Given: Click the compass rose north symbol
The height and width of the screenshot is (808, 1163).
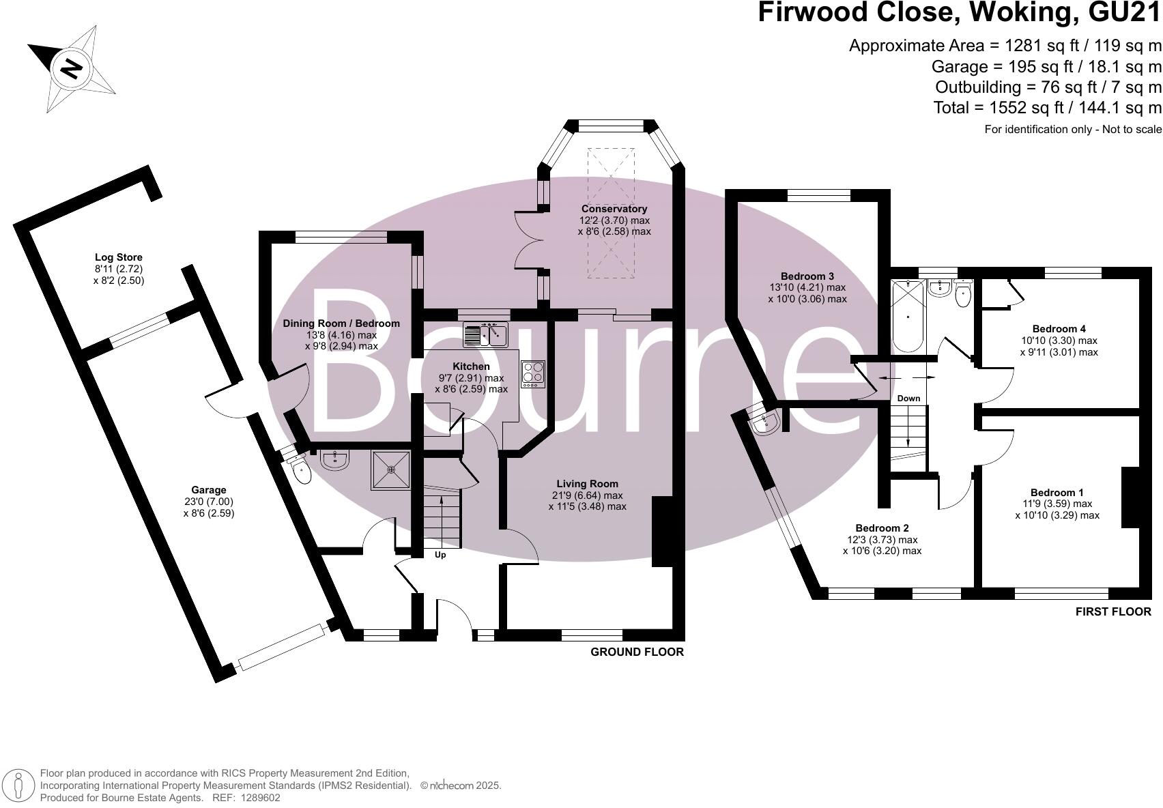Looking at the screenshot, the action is click(71, 68).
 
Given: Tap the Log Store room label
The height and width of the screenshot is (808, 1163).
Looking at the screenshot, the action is click(119, 257).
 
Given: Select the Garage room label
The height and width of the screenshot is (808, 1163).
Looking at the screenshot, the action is click(209, 490).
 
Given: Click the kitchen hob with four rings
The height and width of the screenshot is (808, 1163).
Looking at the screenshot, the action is click(533, 375).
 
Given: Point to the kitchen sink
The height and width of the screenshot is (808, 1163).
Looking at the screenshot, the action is click(485, 334).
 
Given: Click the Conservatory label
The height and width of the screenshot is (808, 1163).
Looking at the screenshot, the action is click(614, 209).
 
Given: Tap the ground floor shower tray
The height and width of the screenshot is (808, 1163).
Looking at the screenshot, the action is click(391, 470).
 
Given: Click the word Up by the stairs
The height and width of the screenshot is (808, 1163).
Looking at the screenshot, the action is click(440, 555).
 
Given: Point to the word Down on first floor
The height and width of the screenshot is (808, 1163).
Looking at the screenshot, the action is click(908, 399).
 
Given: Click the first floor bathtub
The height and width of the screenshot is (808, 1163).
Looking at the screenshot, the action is click(908, 317).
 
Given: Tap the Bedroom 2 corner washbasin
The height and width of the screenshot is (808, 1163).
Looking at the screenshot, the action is click(765, 424).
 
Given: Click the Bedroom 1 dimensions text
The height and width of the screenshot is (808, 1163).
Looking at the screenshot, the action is click(1057, 510).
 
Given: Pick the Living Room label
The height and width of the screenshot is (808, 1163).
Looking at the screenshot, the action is click(587, 484).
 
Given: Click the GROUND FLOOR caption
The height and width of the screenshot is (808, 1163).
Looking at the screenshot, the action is click(637, 652).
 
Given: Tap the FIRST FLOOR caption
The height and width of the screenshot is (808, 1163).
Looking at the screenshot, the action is click(1113, 611).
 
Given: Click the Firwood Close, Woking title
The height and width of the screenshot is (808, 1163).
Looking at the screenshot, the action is click(959, 14).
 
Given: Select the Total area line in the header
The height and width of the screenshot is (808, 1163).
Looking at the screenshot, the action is click(1048, 107).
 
